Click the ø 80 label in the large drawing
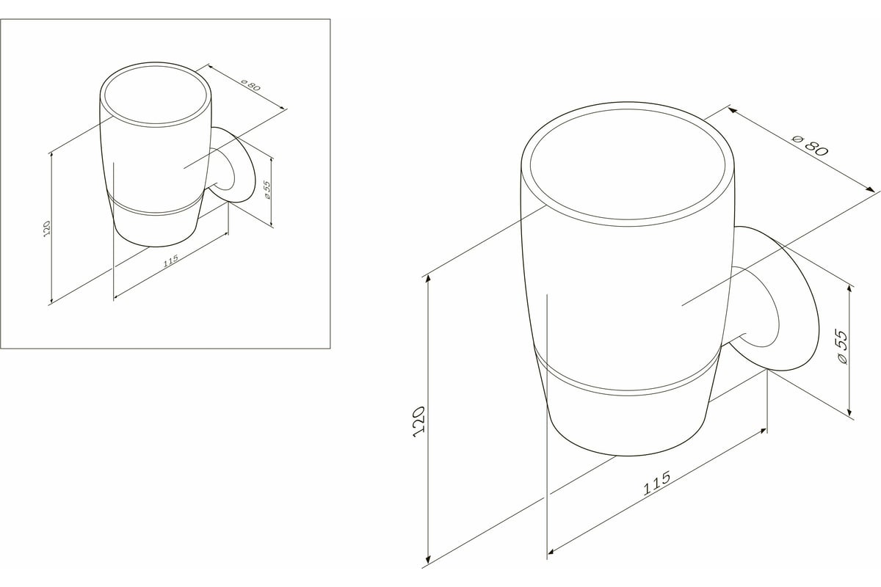tap(811, 145)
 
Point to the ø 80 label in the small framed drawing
tap(250, 85)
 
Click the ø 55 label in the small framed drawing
tap(267, 189)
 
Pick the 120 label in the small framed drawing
tap(47, 228)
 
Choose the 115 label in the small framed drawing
tap(170, 260)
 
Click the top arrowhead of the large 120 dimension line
tap(428, 280)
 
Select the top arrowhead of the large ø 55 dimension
tap(850, 291)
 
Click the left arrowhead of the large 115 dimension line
tap(552, 551)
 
